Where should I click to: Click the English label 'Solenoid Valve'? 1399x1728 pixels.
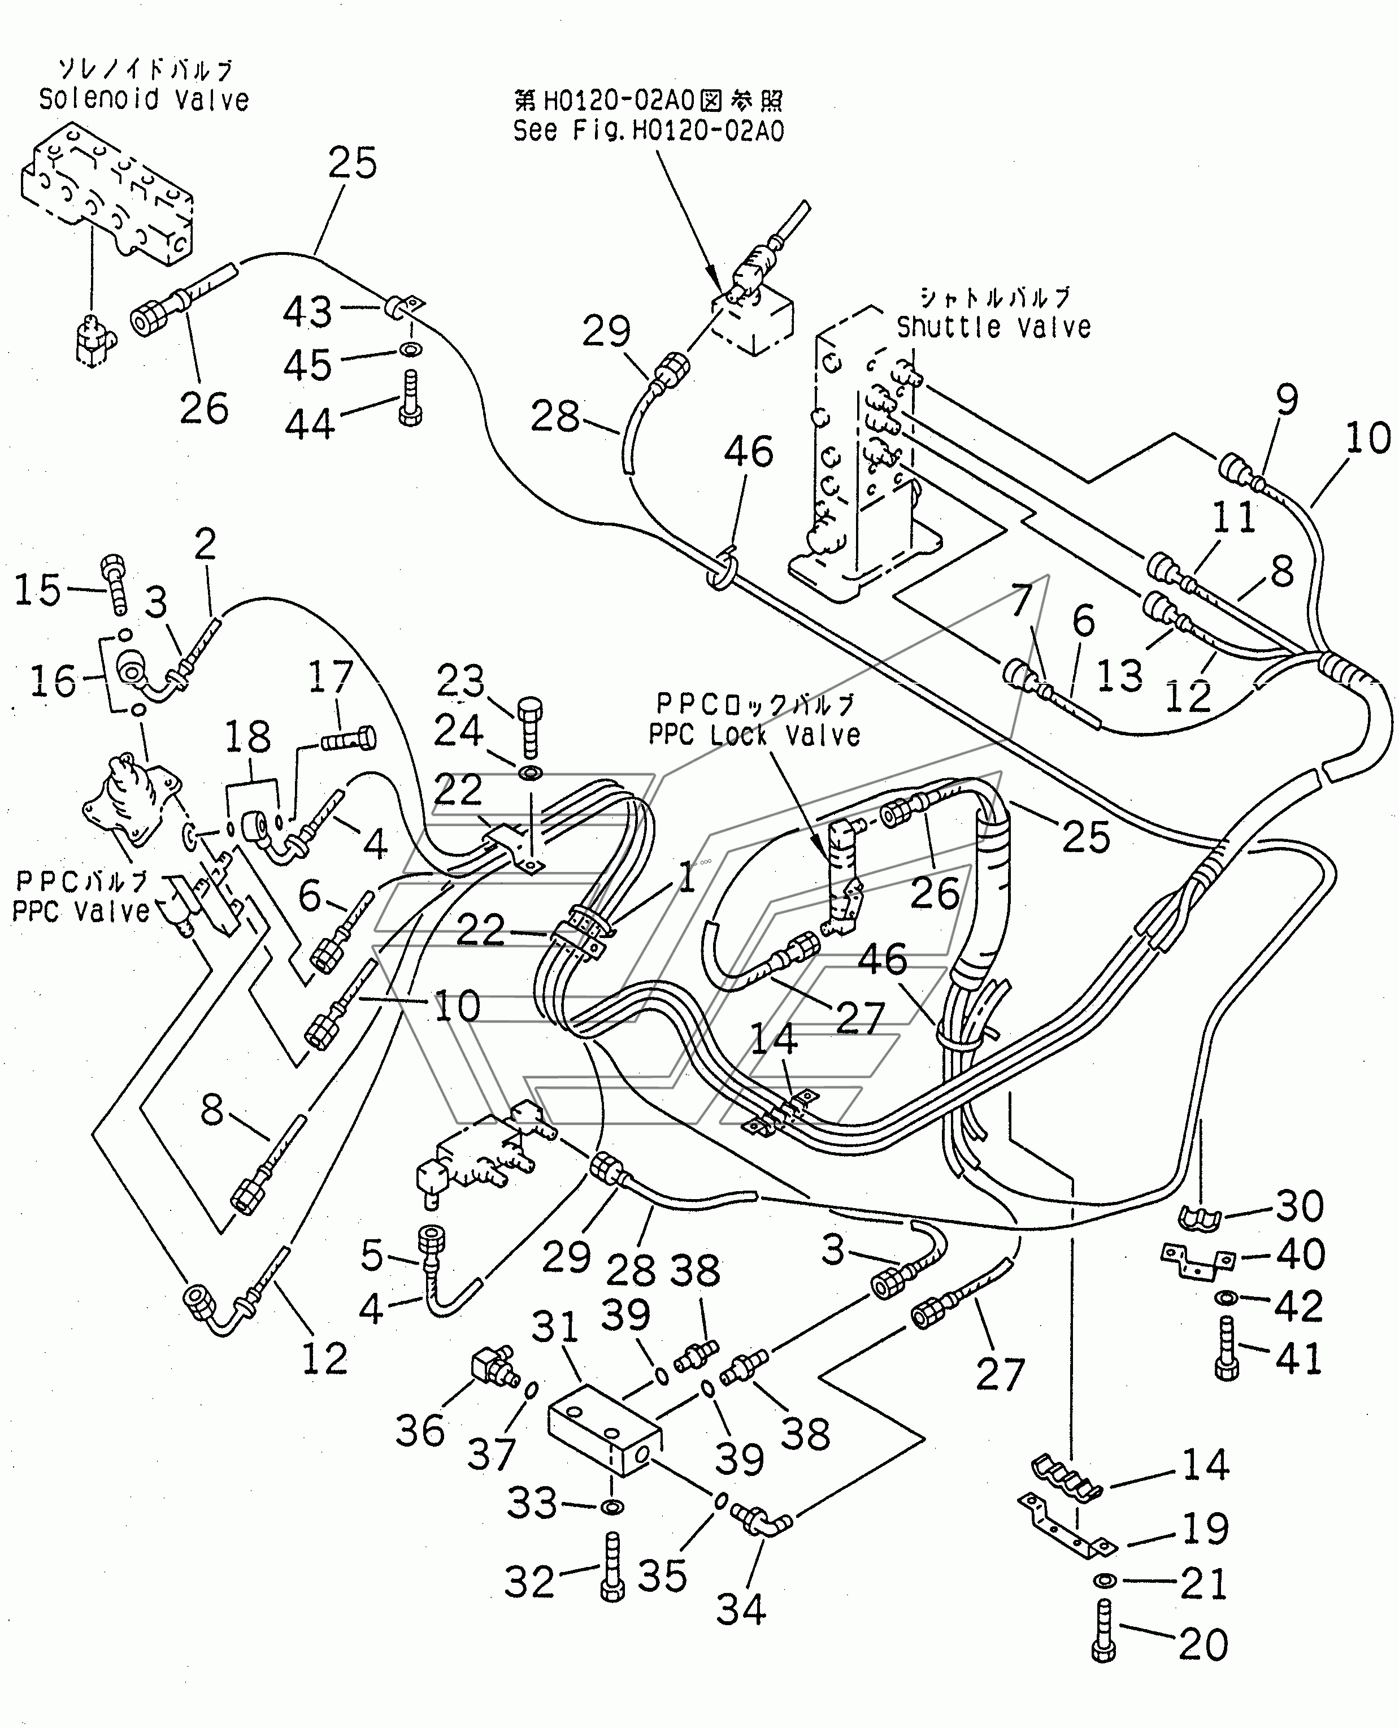point(144,100)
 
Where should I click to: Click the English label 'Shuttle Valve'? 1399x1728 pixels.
point(994,327)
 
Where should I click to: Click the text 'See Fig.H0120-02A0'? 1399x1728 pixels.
point(649,131)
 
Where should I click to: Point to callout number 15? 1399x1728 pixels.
point(38,589)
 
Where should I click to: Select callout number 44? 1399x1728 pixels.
point(310,424)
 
